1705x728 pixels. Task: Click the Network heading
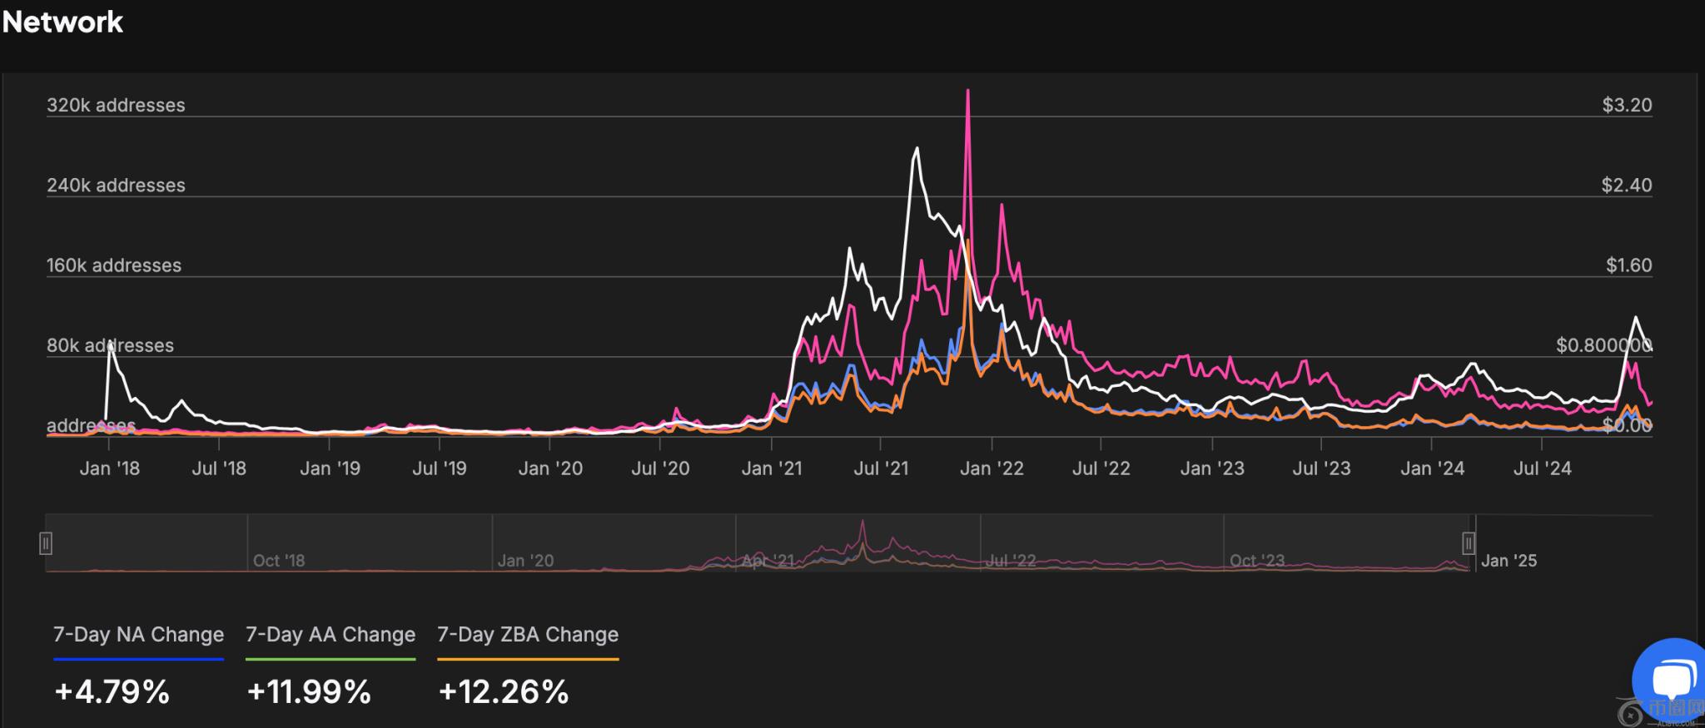(63, 22)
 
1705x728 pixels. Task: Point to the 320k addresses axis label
(116, 106)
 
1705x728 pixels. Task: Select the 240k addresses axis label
(116, 186)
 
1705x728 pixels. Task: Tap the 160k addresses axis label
(114, 265)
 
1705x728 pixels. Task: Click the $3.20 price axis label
(1627, 106)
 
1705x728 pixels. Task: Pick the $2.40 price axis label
(1627, 186)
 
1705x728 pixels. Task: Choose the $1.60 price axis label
(1628, 265)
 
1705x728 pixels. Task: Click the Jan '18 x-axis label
(110, 468)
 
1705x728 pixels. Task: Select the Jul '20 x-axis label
(660, 468)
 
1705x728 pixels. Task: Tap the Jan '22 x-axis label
(992, 468)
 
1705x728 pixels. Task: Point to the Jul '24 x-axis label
(1542, 468)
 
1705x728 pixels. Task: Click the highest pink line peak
(967, 91)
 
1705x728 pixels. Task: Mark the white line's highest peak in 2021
(917, 149)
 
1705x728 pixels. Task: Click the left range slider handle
(46, 543)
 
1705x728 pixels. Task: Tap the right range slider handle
(1469, 543)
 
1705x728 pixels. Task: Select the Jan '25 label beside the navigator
(1509, 561)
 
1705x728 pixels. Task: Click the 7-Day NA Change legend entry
(138, 635)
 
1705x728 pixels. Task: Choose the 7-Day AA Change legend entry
(331, 635)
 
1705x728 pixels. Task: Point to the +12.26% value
(503, 692)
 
